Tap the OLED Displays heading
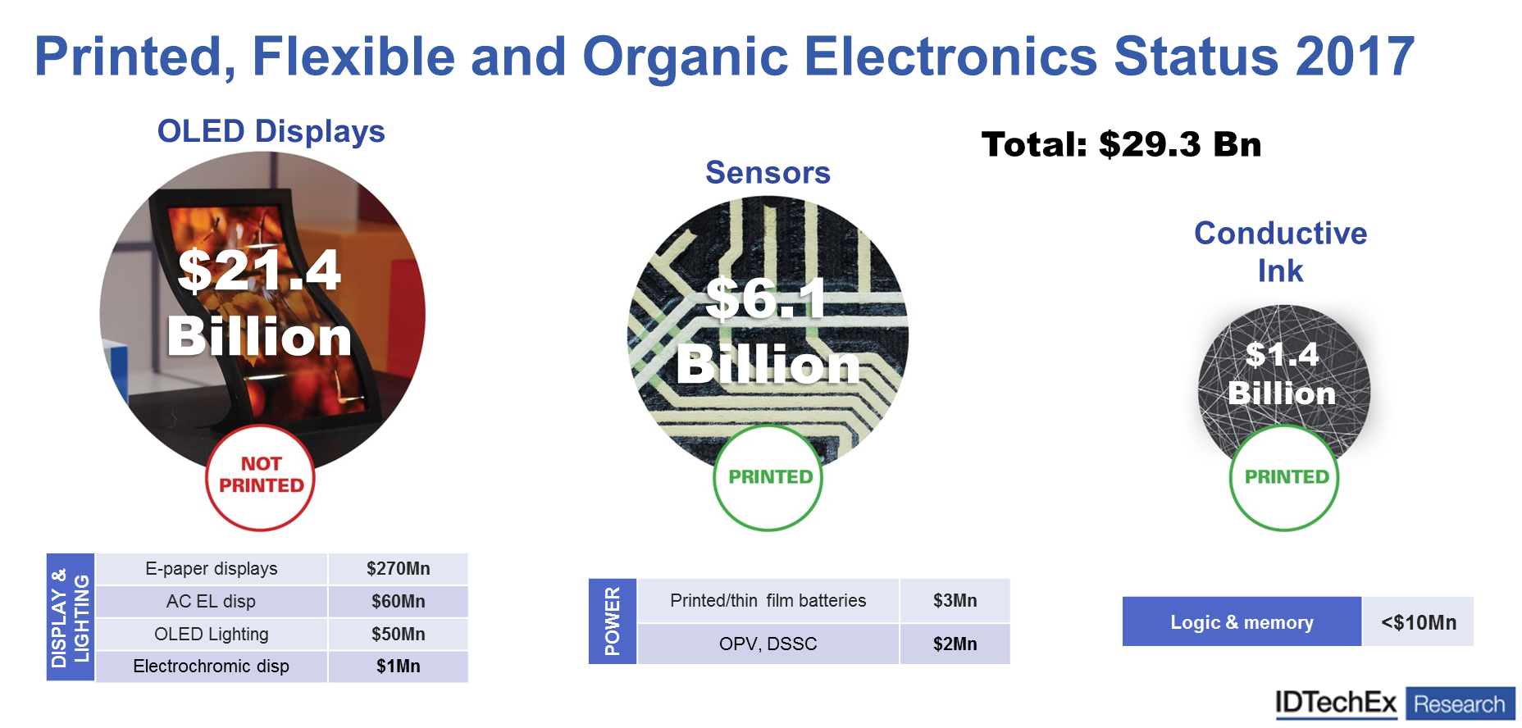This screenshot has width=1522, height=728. point(271,131)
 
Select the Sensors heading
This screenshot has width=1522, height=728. point(768,172)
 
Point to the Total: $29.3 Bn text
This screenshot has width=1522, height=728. point(1121,144)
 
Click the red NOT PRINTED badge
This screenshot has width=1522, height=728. point(261,477)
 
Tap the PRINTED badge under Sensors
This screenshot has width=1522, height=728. point(768,477)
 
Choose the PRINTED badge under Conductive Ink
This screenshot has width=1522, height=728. point(1284,477)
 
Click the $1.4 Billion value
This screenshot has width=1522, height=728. point(1283,373)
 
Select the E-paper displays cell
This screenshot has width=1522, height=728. point(212,569)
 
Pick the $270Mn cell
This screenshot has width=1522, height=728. point(399,569)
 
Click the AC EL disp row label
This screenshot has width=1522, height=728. point(211,601)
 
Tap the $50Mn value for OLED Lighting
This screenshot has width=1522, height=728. point(399,634)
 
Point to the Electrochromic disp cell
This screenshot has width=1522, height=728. point(212,667)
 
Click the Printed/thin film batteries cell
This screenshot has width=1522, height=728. point(768,600)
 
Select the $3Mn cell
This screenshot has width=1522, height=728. point(955,600)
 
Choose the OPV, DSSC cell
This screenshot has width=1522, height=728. point(768,644)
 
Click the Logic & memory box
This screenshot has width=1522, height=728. point(1242,622)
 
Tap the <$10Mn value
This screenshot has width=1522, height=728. point(1419,622)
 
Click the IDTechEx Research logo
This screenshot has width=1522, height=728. point(1395,703)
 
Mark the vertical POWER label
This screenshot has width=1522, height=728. point(613,621)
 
